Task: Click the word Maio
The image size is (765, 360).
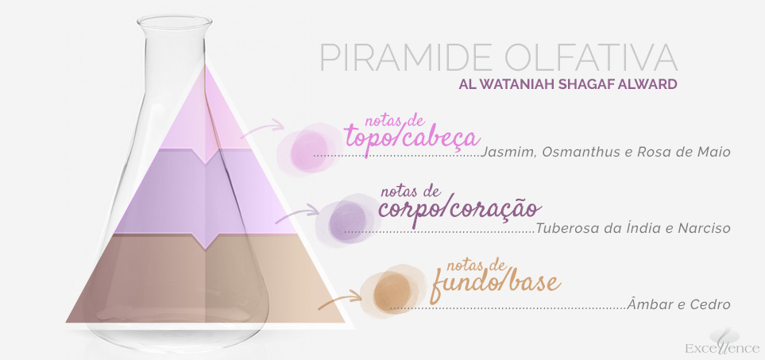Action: click(714, 152)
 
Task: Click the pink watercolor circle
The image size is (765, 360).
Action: click(308, 149)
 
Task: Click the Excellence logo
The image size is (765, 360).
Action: click(723, 342)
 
